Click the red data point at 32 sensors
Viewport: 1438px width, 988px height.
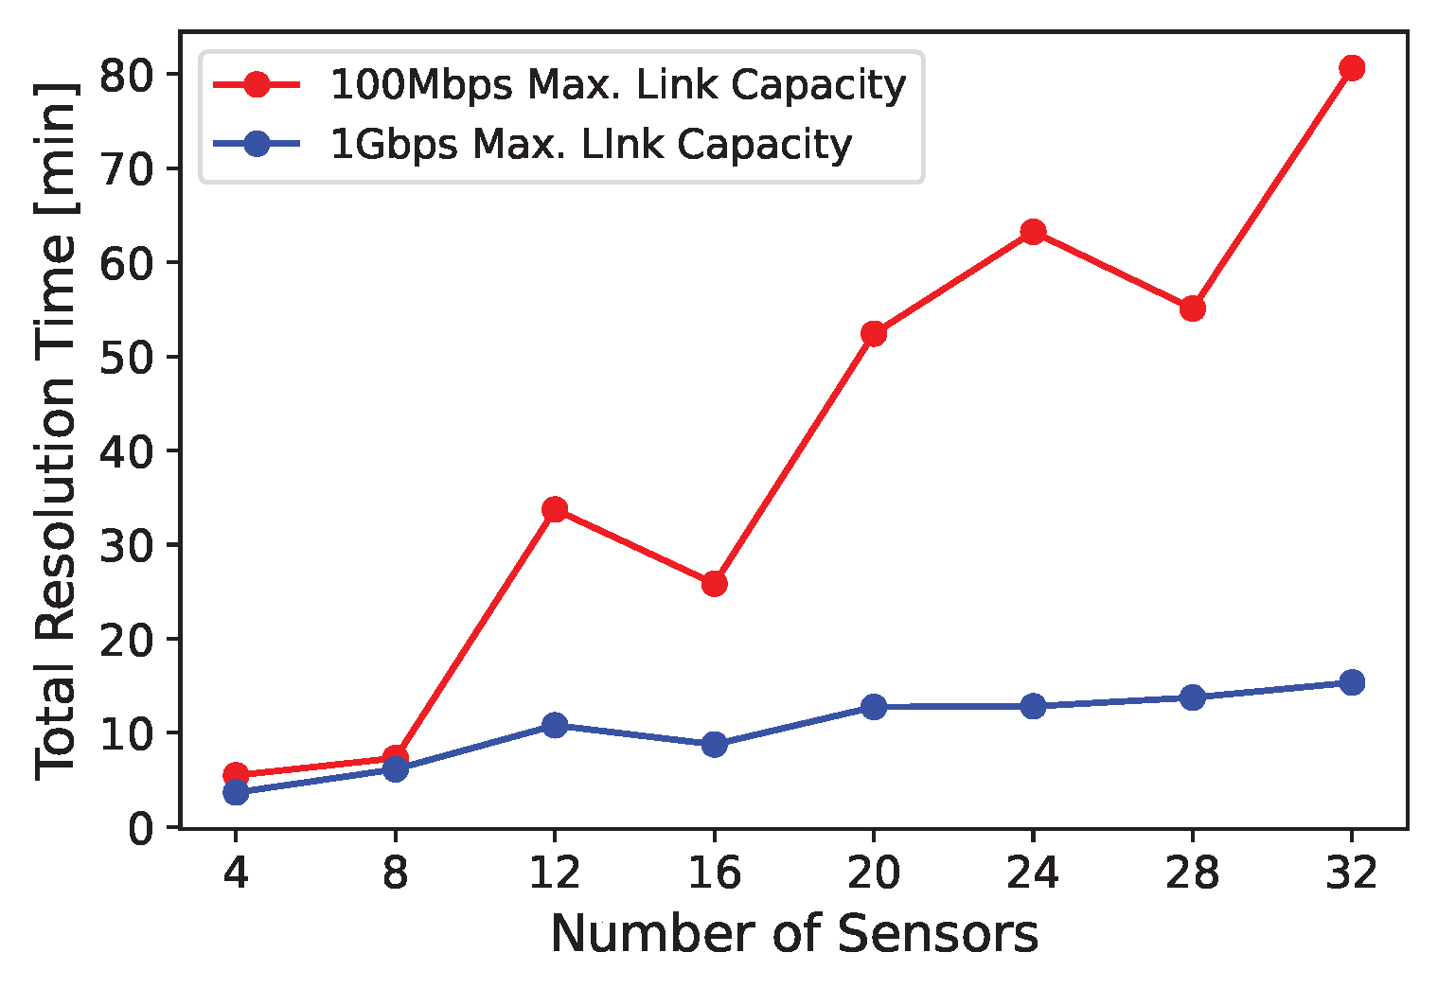[1351, 68]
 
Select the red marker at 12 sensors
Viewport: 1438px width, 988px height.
[555, 509]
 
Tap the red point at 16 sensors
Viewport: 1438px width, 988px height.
[714, 584]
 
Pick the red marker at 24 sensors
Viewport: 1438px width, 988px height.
[1033, 232]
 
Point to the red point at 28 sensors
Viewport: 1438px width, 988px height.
[1192, 309]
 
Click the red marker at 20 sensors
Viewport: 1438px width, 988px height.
[873, 333]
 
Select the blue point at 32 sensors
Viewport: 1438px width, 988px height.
[1351, 682]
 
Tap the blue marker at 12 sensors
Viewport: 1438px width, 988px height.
[555, 725]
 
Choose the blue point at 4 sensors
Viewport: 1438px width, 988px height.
[236, 792]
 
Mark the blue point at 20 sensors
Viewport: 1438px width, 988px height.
[873, 707]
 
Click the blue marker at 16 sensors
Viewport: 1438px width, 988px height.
[714, 745]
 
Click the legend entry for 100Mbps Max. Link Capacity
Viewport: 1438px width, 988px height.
[617, 85]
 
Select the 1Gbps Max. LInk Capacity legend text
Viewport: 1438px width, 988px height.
[591, 145]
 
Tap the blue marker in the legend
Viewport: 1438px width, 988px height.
[257, 145]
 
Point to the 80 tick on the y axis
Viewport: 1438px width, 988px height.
[128, 75]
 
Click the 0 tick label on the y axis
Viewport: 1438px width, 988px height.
[141, 828]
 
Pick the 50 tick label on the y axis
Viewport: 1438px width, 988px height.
[128, 357]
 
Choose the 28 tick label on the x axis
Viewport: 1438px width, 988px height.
[1192, 873]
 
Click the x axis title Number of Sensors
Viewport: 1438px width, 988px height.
[793, 934]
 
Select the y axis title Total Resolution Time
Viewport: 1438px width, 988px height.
[56, 431]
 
